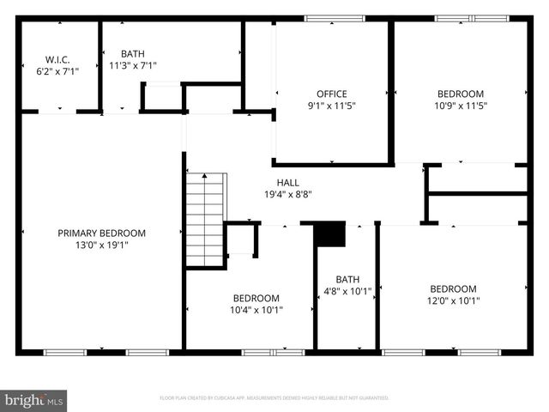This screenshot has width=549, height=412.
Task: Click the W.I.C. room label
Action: (57, 60)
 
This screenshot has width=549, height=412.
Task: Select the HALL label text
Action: (287, 182)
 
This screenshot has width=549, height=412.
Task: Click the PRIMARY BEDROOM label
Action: (101, 233)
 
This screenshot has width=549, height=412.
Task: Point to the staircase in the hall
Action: (205, 219)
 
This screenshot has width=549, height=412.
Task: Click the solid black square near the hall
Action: (330, 234)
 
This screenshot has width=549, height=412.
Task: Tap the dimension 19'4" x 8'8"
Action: (287, 194)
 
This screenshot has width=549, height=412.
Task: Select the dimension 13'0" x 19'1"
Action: (101, 245)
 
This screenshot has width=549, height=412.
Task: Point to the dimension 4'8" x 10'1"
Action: (347, 291)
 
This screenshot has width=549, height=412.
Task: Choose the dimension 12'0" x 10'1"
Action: (453, 300)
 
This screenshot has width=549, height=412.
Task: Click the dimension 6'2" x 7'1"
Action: (57, 72)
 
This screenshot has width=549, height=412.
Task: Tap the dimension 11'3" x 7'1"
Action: (133, 64)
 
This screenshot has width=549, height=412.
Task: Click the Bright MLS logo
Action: (34, 400)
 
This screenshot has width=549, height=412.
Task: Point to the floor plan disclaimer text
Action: (274, 398)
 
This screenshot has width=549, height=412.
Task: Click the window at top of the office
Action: (334, 18)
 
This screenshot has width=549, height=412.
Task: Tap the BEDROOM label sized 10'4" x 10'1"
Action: (256, 298)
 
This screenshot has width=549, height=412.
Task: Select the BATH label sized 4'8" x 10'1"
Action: (347, 279)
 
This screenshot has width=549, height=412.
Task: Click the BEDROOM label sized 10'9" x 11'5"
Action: (461, 94)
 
